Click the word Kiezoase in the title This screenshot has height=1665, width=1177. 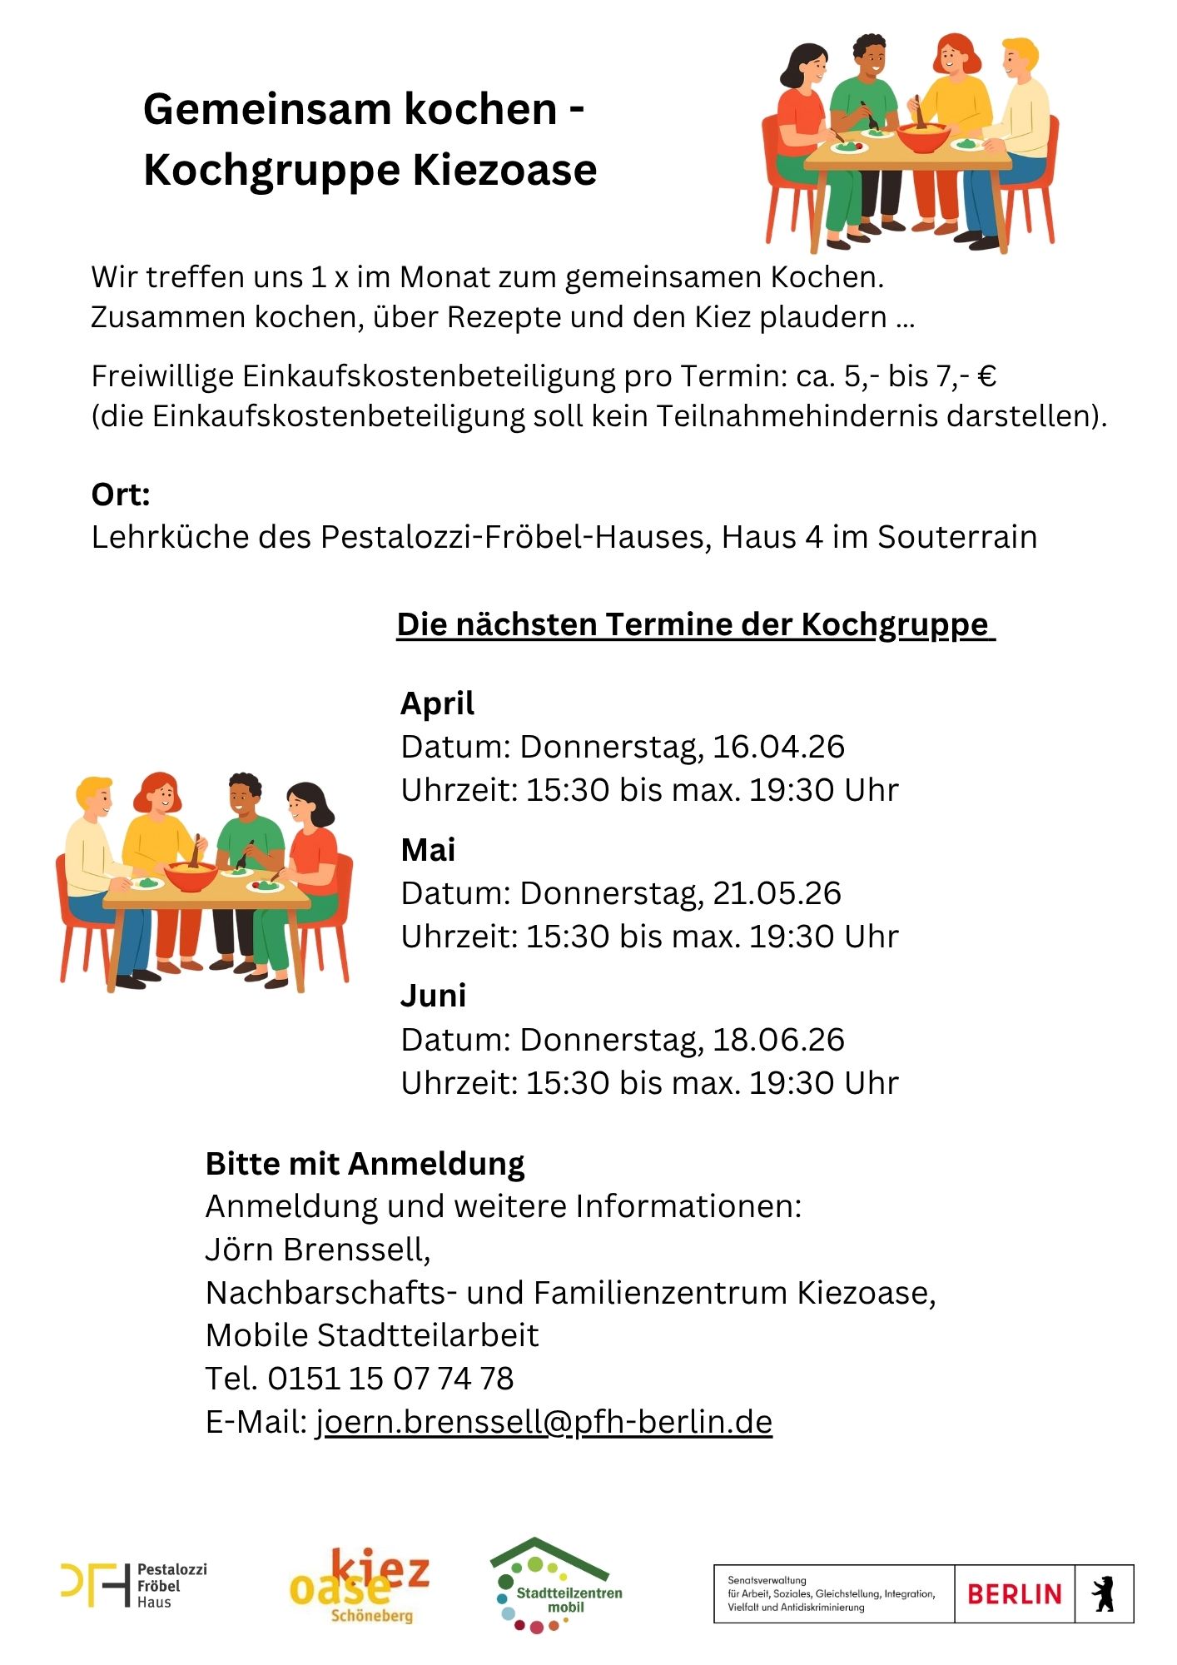(504, 170)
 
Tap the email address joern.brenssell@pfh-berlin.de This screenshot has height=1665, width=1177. (544, 1421)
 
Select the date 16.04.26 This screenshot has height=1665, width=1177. (778, 747)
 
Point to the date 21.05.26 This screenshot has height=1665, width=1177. (777, 893)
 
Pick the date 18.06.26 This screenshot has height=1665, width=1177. (778, 1040)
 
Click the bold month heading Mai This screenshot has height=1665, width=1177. (428, 850)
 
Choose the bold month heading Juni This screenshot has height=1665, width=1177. (433, 996)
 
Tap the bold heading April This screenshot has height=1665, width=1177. (437, 704)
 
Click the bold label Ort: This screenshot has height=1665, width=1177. (121, 495)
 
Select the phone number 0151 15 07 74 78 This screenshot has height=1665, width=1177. (390, 1379)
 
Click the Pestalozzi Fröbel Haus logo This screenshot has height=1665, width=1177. (133, 1585)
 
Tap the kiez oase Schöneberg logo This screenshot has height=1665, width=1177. (360, 1585)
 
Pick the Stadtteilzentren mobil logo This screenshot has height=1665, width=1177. (556, 1585)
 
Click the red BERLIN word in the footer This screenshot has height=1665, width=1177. (1014, 1594)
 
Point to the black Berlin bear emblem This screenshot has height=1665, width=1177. (1104, 1594)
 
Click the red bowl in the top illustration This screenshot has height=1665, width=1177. (922, 137)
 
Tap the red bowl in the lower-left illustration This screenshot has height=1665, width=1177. (191, 876)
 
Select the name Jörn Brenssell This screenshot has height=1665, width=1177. (316, 1250)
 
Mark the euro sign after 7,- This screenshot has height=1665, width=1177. (986, 376)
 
